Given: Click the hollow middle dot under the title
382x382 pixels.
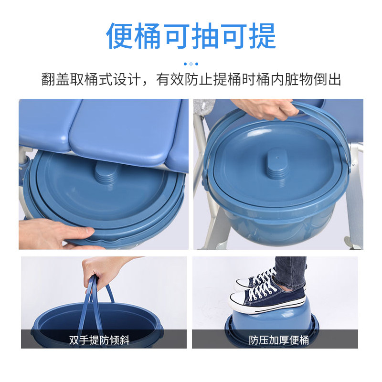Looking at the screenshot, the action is point(191,64).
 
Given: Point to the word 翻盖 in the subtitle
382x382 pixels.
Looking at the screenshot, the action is point(55,79).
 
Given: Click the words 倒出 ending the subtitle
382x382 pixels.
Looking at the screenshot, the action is point(327,79).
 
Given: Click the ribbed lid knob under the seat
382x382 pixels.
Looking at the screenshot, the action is point(107,172).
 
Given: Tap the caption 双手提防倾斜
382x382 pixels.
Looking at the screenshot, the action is point(99,340).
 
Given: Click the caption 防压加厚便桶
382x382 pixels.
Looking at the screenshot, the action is point(279,340).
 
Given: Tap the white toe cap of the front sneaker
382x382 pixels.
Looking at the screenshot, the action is point(237,300).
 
